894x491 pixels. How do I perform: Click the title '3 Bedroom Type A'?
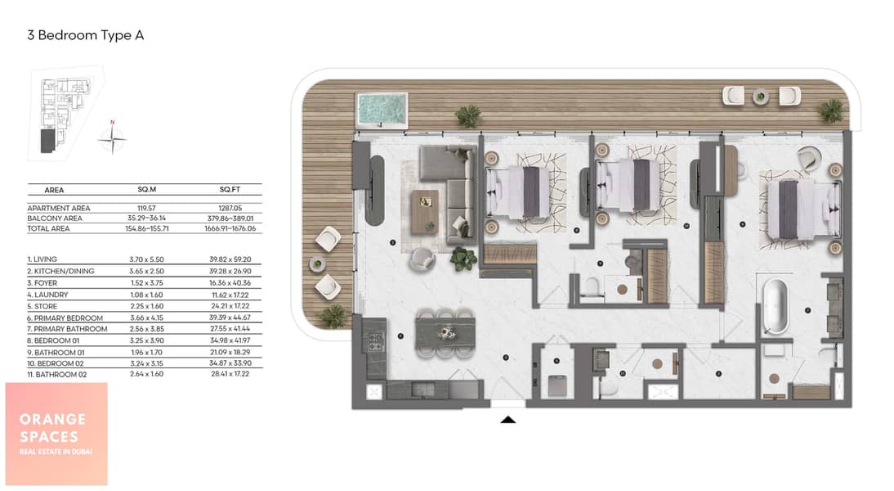click(x=86, y=35)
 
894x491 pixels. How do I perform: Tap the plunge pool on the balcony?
click(x=382, y=109)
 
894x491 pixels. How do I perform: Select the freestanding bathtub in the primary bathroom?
click(x=776, y=305)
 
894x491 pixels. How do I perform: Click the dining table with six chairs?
click(x=445, y=333)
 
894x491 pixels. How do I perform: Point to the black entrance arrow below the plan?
click(x=507, y=420)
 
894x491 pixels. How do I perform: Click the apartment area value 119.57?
click(x=146, y=209)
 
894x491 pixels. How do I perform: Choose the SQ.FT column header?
click(x=230, y=190)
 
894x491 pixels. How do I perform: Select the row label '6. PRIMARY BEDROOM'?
click(x=65, y=318)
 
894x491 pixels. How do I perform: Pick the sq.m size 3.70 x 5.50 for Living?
click(x=146, y=259)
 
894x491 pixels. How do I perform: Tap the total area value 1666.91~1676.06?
click(x=230, y=228)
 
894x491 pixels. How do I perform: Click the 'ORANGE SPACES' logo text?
click(x=51, y=428)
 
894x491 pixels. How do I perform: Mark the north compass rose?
click(x=112, y=137)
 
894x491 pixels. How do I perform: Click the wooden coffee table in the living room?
click(x=425, y=212)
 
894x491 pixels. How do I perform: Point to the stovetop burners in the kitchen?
click(x=375, y=342)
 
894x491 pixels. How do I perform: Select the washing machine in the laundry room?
click(x=557, y=385)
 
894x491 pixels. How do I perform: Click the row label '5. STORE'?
click(x=42, y=306)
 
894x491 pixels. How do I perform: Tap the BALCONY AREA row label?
click(x=55, y=218)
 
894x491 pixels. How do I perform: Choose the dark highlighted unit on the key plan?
click(x=48, y=141)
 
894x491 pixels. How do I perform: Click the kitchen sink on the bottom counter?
click(x=423, y=390)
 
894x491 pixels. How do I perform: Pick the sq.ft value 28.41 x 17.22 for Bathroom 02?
click(x=230, y=374)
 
